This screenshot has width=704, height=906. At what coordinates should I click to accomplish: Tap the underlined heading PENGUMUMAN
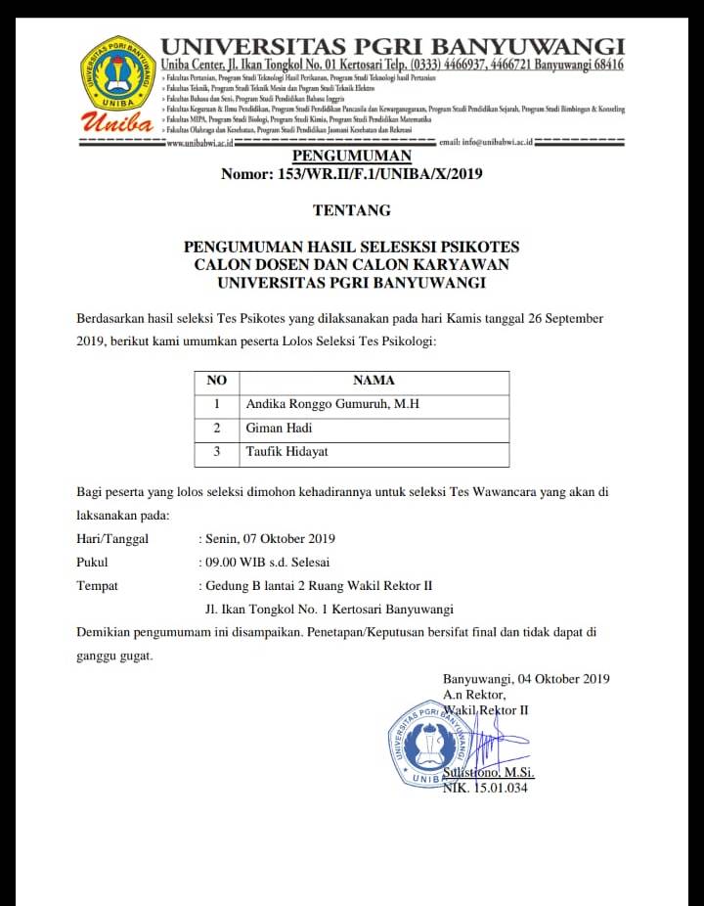[x=351, y=157]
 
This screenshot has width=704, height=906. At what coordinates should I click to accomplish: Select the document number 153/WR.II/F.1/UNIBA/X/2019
[x=351, y=175]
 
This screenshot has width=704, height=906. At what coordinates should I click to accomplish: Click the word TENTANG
[x=351, y=210]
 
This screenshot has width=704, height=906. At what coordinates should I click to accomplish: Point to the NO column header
[x=217, y=381]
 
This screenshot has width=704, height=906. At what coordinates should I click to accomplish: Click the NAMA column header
[x=374, y=381]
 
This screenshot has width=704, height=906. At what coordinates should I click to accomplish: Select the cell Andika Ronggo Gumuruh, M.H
[x=332, y=404]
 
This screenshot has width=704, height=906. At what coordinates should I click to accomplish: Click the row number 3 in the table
[x=217, y=452]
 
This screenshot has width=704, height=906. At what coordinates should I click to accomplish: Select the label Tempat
[x=97, y=586]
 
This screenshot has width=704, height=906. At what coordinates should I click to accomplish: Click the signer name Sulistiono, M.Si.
[x=489, y=773]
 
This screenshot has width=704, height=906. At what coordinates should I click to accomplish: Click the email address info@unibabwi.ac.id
[x=485, y=143]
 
